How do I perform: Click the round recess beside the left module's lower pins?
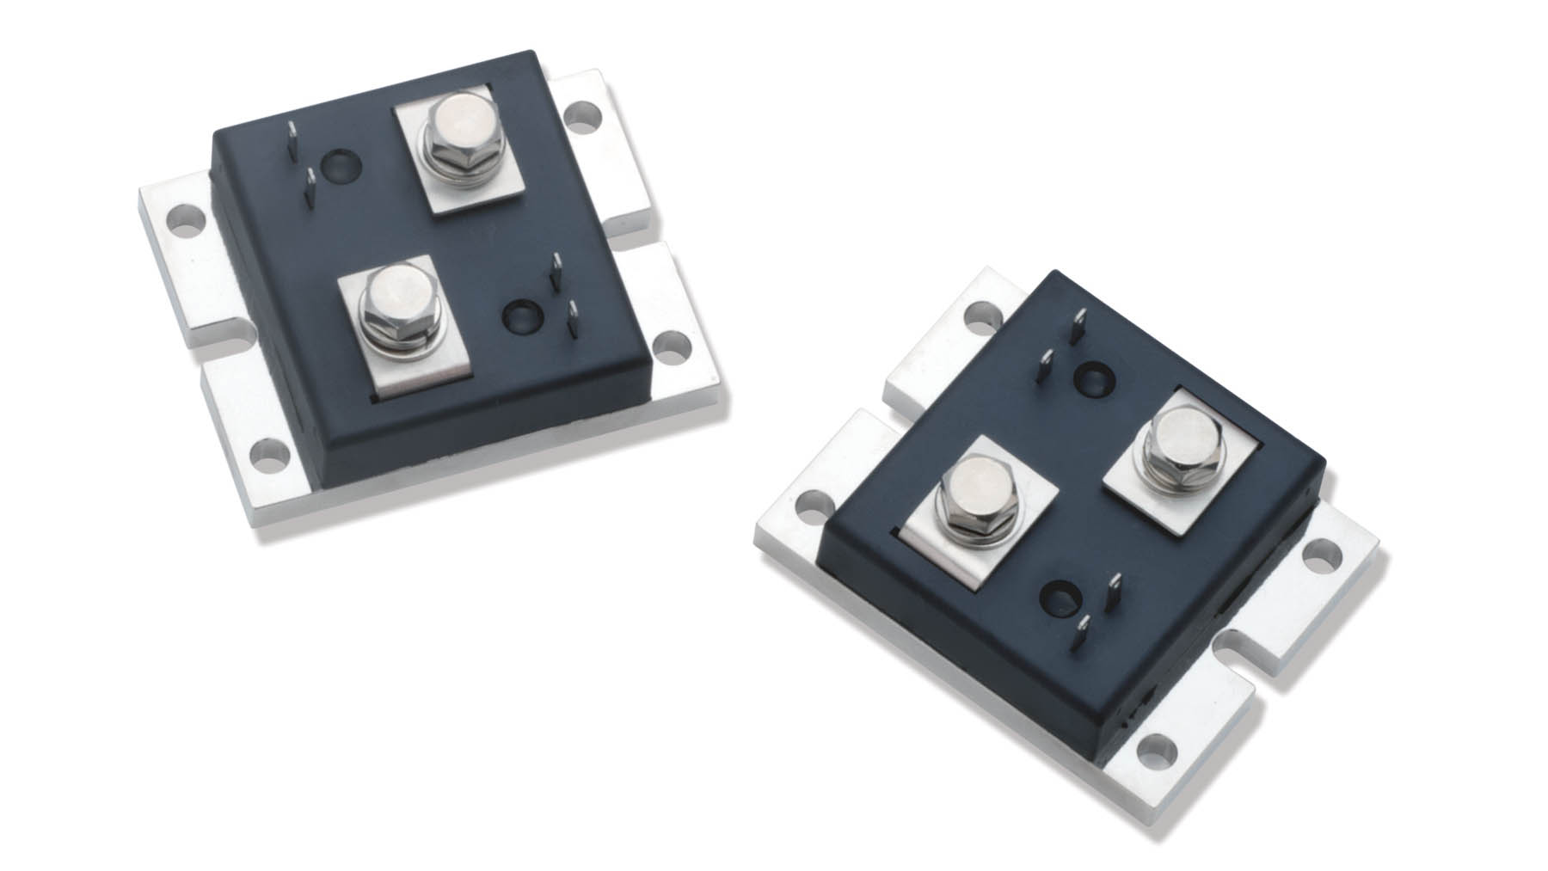[x=520, y=315]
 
